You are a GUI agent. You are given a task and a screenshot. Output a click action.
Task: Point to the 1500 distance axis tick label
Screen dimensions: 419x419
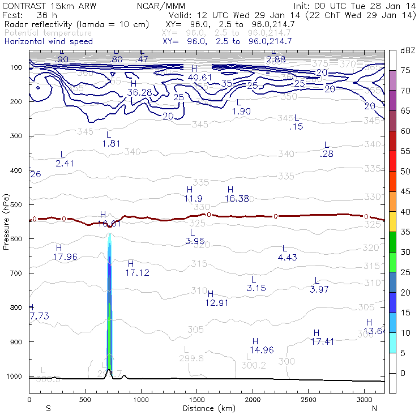[x=196, y=400]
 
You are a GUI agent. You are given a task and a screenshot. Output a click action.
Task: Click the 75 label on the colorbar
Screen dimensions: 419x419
[x=405, y=71]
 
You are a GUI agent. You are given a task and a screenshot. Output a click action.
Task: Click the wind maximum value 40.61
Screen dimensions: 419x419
[x=199, y=77]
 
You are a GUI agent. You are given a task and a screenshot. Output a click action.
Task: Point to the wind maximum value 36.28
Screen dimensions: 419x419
[x=139, y=92]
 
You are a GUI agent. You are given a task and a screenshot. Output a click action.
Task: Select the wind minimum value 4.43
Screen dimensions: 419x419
[x=288, y=258]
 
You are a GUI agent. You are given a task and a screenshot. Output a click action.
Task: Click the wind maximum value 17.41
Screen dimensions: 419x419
[x=321, y=341]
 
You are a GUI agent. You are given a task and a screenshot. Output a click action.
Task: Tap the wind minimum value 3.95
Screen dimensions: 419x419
[x=195, y=241]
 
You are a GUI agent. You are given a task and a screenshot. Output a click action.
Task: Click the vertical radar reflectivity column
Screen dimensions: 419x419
[x=109, y=306]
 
